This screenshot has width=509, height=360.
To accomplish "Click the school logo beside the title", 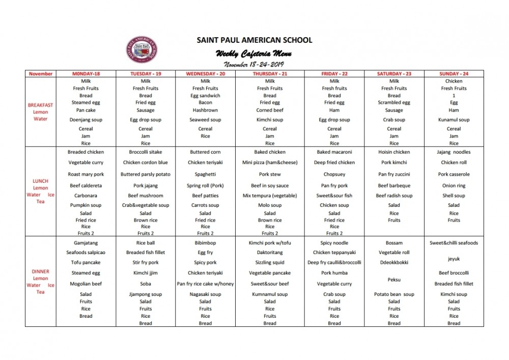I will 142,51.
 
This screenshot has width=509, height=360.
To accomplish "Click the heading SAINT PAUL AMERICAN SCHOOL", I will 254,40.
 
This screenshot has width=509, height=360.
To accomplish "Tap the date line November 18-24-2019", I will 254,64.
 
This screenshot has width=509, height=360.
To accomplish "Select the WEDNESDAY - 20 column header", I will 205,74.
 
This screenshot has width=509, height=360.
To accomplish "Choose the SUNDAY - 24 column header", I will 454,74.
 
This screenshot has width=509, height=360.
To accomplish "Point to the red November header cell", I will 41,74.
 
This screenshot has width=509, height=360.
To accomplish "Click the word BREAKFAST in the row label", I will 41,105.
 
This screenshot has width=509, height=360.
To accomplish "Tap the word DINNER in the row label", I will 41,271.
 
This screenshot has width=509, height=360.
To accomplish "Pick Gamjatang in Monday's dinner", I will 86,243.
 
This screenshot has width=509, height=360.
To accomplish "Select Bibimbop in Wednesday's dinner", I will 205,243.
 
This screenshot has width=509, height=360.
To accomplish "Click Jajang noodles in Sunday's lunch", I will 454,152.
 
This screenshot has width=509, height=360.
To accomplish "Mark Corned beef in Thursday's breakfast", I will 270,110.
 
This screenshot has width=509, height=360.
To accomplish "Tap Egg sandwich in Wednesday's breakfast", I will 205,95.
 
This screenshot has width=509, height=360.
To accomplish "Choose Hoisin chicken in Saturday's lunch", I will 394,152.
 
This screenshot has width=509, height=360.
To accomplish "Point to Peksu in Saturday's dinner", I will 394,280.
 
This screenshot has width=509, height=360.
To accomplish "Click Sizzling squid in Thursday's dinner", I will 270,262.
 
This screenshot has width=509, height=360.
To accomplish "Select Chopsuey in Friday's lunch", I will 334,174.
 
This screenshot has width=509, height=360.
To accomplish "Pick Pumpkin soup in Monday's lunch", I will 86,205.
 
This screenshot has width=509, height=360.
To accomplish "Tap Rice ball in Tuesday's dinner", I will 146,243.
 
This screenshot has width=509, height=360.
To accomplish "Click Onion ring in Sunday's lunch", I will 454,186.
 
